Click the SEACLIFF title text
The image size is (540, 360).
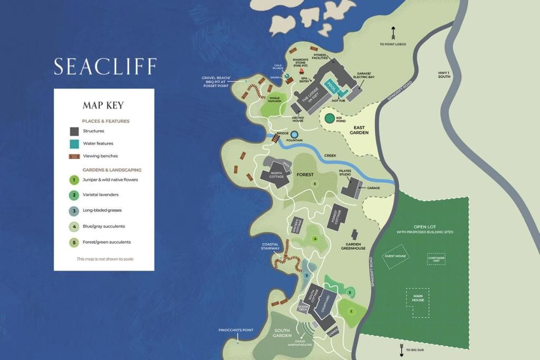[x=105, y=67]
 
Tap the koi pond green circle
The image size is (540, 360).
[x=330, y=119]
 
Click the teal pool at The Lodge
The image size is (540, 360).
[x=332, y=85]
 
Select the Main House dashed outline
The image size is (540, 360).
[x=418, y=303]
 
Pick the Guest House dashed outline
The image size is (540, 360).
[x=396, y=256]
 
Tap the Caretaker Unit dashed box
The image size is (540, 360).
[x=436, y=259]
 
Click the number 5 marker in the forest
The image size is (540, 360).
[x=315, y=183]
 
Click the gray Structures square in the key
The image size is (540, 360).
[x=74, y=131]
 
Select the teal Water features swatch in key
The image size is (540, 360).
[x=74, y=143]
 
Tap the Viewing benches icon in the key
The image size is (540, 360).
[x=74, y=156]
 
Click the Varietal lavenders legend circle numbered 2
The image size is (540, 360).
[x=74, y=195]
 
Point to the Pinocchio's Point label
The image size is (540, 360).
[x=236, y=330]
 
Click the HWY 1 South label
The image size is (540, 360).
[x=445, y=74]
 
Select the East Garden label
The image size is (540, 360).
[x=359, y=130]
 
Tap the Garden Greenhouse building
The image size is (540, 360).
[x=355, y=235]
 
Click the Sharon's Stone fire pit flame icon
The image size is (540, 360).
[x=302, y=71]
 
